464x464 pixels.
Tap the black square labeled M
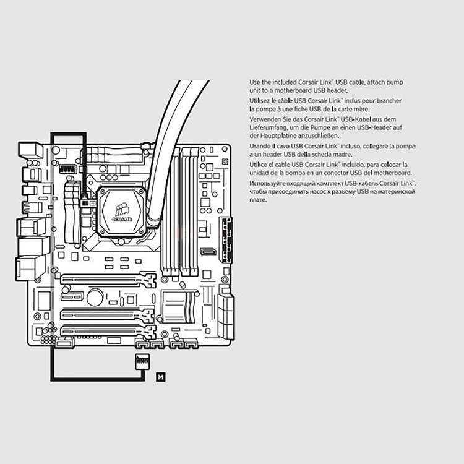pyautogui.click(x=161, y=376)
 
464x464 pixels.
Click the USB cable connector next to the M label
pyautogui.click(x=141, y=361)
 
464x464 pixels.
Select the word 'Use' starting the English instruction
pyautogui.click(x=255, y=82)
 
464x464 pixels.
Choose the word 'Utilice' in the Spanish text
pyautogui.click(x=260, y=165)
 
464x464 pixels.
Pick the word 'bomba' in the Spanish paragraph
pyautogui.click(x=297, y=173)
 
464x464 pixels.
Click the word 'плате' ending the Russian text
pyautogui.click(x=258, y=200)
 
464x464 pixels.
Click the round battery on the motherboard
pyautogui.click(x=95, y=298)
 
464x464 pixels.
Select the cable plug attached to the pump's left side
pyautogui.click(x=85, y=200)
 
